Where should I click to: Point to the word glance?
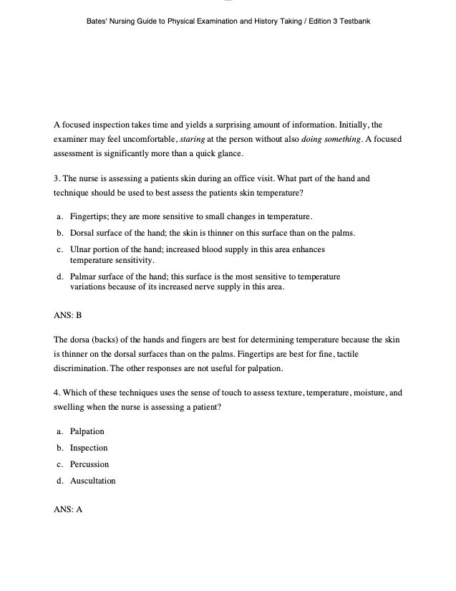point(228,153)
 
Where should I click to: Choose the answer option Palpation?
point(87,431)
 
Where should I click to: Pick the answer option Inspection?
point(89,448)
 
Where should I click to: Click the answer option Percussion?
point(89,464)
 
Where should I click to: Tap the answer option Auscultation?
point(92,481)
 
